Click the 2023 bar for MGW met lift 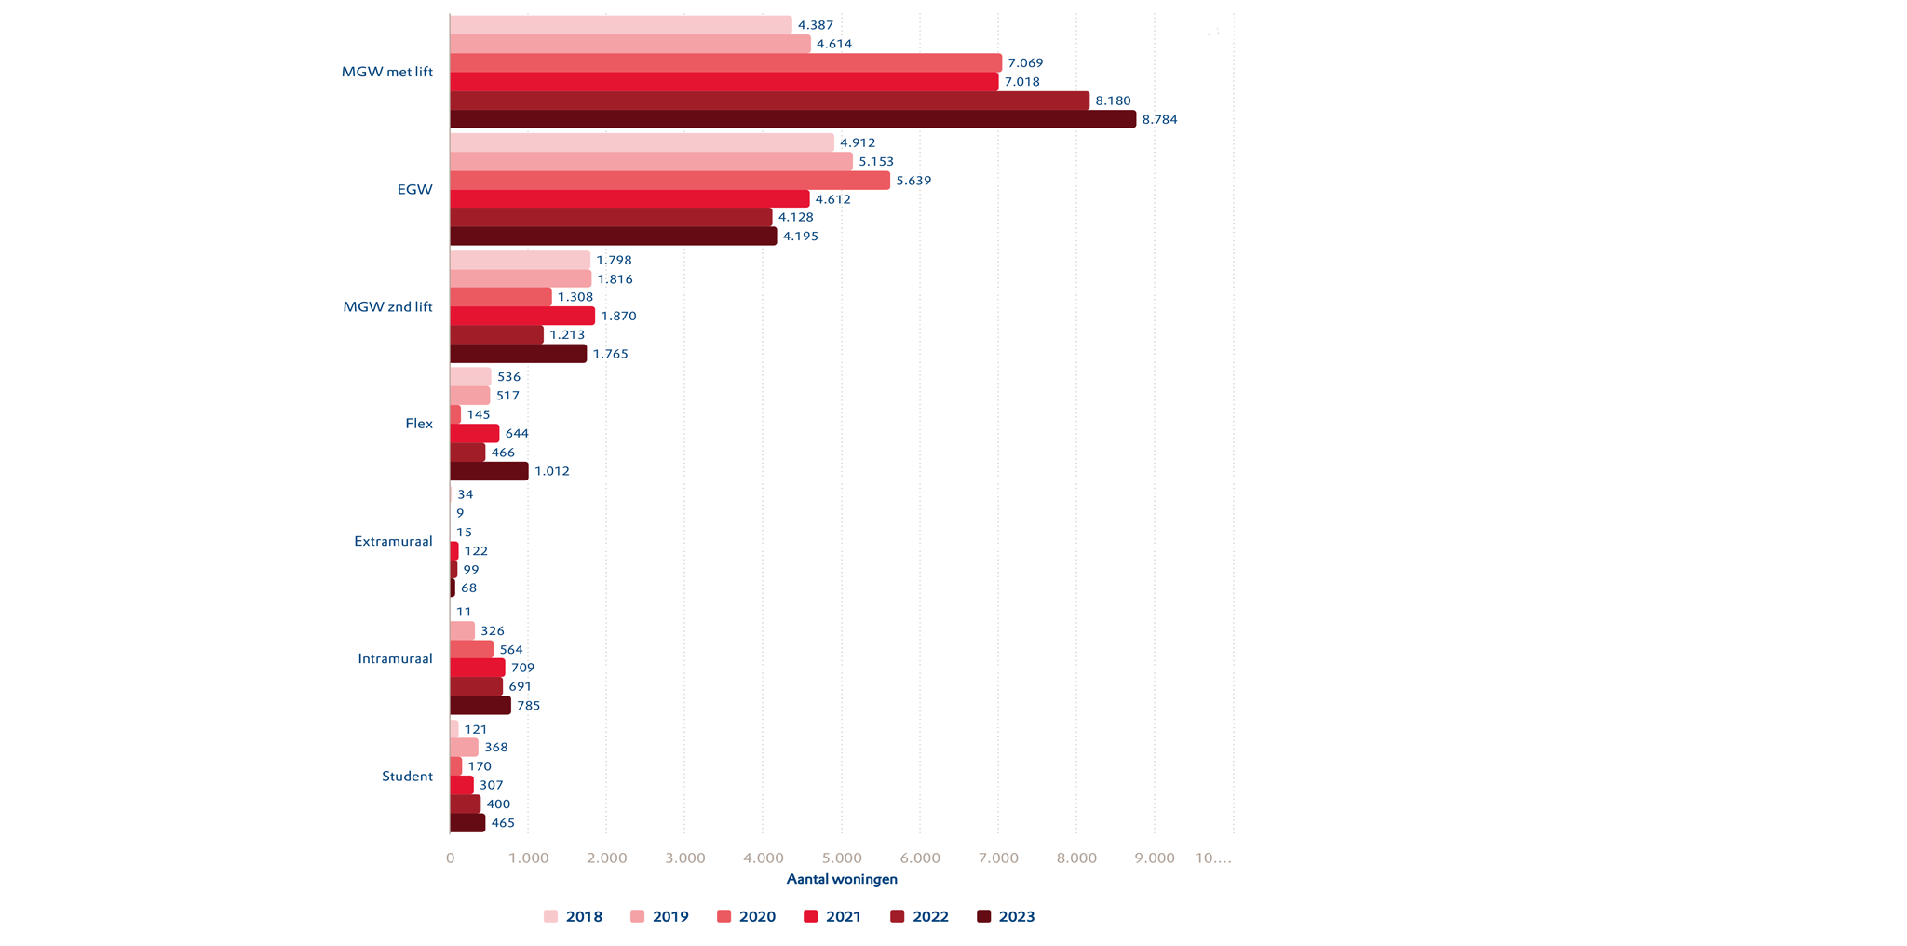791,119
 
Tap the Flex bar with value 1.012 489,471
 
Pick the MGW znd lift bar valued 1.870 521,316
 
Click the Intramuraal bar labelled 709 477,668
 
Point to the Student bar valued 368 464,748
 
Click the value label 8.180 1113,101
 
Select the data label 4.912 858,142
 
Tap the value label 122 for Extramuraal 476,551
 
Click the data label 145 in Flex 479,414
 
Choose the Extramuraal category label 393,541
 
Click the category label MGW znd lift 387,306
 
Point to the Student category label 407,777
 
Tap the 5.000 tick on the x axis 841,858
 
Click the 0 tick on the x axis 450,858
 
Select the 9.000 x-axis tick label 1155,858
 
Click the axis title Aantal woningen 842,879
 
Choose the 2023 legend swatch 984,917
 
